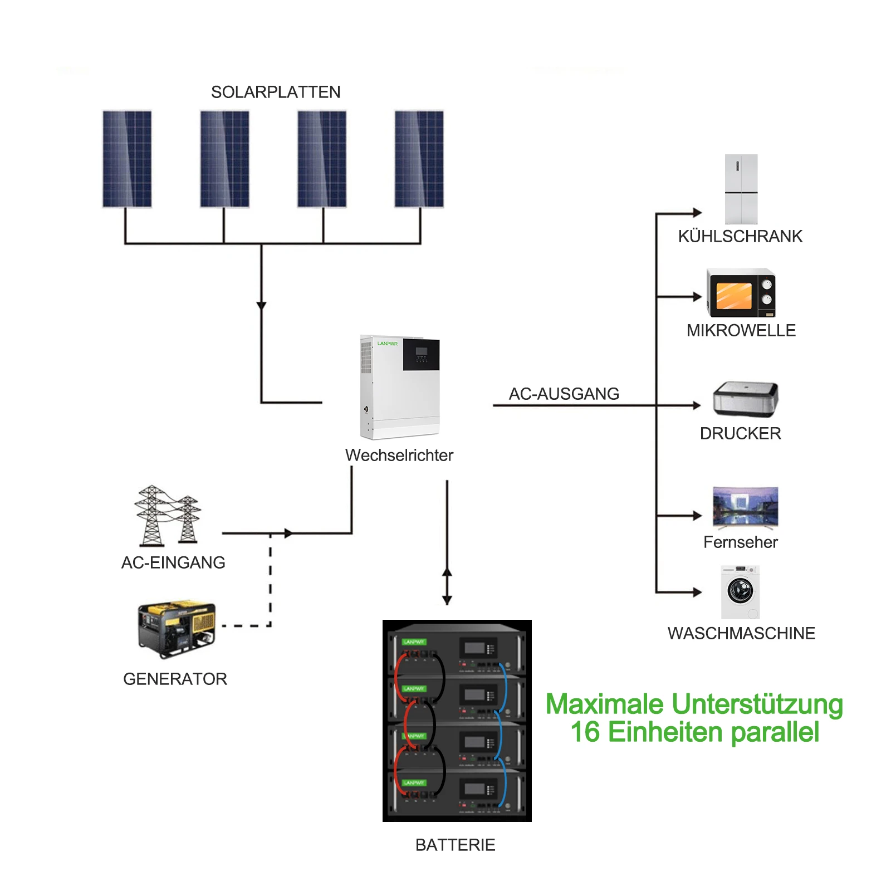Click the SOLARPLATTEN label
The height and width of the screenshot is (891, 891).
point(276,92)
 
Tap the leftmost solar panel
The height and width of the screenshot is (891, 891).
point(127,159)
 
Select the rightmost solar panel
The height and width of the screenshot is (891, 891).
point(419,159)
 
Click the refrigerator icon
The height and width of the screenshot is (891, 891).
point(741,189)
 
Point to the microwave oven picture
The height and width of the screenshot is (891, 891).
point(741,293)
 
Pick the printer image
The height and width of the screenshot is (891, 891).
point(746,399)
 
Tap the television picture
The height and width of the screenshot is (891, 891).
point(746,508)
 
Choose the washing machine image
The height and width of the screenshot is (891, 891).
point(741,592)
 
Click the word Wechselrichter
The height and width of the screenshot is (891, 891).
point(399,456)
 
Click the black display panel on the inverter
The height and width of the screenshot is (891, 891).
point(422,355)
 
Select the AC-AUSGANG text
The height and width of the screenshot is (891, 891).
point(564,394)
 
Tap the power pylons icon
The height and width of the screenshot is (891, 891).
point(168,515)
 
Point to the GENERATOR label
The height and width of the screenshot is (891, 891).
point(175,679)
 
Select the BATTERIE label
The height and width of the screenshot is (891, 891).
point(456,845)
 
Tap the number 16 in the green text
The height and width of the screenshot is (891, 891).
point(585,732)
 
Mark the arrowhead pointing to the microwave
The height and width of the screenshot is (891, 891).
point(697,297)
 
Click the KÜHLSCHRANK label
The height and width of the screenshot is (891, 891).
point(741,236)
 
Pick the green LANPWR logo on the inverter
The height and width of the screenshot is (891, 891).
point(388,344)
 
